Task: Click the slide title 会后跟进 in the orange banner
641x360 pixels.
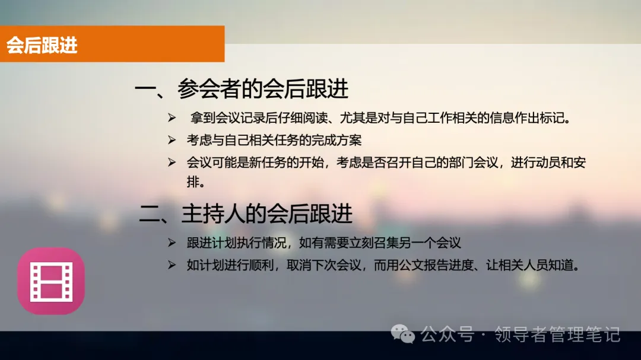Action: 42,45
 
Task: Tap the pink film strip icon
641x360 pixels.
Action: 51,281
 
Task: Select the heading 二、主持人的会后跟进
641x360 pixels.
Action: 246,214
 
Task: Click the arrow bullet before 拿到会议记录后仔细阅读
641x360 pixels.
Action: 172,119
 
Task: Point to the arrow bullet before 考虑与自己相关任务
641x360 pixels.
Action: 172,141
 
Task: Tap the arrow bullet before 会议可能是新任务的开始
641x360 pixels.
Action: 172,163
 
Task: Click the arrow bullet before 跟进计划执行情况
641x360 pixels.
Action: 172,243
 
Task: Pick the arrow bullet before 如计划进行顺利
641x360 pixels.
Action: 172,265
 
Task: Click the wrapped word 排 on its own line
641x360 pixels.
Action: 193,182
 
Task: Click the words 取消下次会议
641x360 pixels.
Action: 325,265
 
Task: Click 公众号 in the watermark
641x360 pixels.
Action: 448,334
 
